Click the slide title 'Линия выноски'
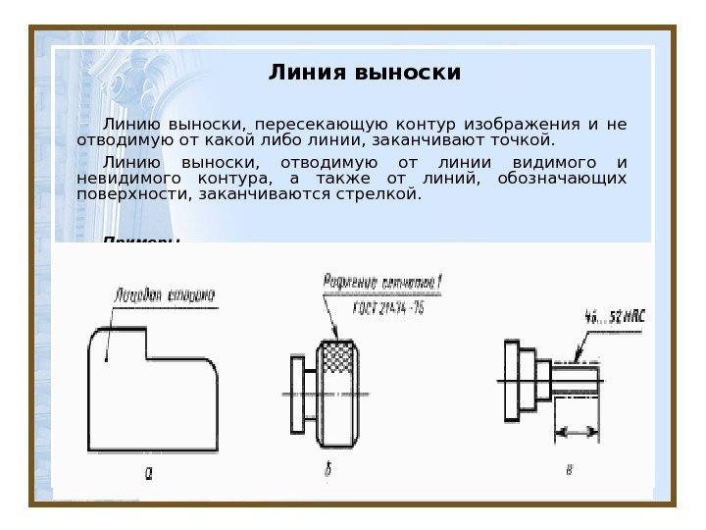(365, 74)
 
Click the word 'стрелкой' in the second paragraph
(388, 195)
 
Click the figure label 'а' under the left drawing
(149, 474)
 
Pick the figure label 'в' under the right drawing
(569, 468)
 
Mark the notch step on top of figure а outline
(147, 344)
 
